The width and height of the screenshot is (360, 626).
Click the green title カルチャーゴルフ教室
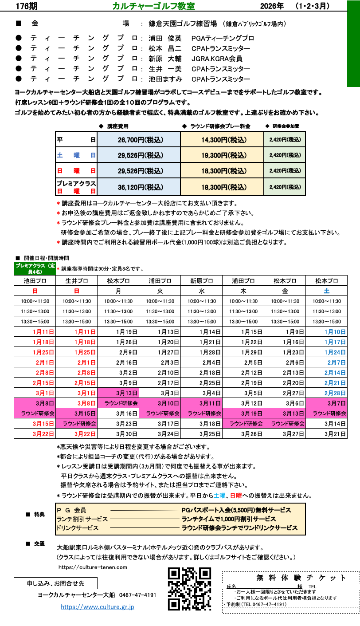pos(153,6)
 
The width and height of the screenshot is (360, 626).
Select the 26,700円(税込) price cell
pos(139,140)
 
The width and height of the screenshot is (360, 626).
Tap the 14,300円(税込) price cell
pos(222,140)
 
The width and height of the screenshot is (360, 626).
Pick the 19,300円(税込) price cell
pos(222,155)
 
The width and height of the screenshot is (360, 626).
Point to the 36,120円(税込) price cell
pos(139,187)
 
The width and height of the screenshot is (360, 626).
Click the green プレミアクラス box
pos(35,268)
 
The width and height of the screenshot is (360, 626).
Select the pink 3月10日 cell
pos(160,403)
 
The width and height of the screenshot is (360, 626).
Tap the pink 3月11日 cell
pos(201,403)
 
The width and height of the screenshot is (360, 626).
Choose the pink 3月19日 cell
pos(243,413)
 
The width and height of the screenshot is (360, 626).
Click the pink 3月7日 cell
pos(326,403)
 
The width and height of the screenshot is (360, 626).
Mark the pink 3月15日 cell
pos(76,413)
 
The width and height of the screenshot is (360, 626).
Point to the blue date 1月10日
pos(335,332)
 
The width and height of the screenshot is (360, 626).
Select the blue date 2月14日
pos(335,373)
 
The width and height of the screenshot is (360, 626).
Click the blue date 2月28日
pos(335,393)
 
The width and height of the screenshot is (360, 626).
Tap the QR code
pos(189,589)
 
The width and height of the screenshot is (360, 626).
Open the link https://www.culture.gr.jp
pos(98,607)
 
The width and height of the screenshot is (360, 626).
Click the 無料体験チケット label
pos(301,578)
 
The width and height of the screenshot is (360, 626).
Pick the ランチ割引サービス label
pos(82,519)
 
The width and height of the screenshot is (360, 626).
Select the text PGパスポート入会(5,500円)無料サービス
pos(236,510)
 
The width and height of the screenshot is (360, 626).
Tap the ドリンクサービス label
pos(78,528)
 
